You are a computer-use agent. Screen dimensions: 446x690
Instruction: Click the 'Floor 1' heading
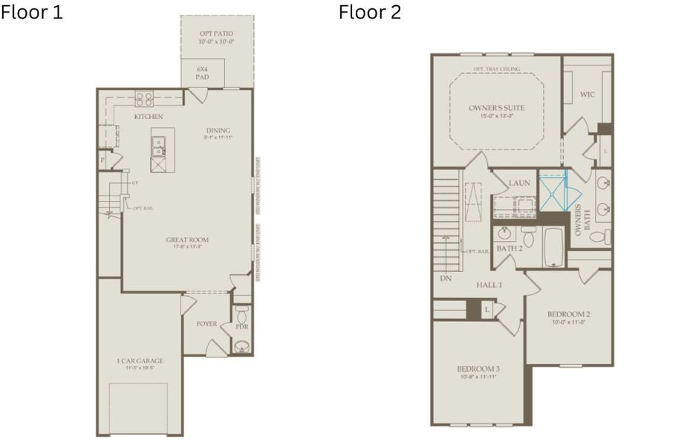(x=32, y=13)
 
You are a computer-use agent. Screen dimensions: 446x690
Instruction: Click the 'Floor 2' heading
(x=370, y=13)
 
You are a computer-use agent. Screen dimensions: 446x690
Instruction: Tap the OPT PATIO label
(x=216, y=34)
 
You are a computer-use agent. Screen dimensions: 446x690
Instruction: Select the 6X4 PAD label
(x=202, y=73)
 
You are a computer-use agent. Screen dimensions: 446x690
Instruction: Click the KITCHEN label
(x=149, y=117)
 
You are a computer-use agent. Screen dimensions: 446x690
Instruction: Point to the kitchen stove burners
(x=143, y=97)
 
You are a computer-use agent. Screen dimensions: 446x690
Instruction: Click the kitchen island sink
(x=159, y=146)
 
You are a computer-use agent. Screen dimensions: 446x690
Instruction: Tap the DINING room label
(x=218, y=131)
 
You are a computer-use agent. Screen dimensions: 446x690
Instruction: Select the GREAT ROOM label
(x=187, y=239)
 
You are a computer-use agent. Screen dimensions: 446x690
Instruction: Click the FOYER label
(x=206, y=324)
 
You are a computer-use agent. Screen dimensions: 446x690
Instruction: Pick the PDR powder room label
(x=241, y=326)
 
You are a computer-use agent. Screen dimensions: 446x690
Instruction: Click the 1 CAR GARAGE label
(x=140, y=361)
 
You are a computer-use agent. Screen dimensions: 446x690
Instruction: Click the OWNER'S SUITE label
(x=496, y=109)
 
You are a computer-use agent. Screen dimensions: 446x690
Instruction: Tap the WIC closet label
(x=588, y=95)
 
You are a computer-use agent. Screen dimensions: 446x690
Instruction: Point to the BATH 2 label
(x=510, y=248)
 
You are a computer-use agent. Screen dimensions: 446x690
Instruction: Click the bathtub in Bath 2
(x=553, y=247)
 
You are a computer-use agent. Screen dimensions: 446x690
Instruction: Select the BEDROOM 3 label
(x=478, y=369)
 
